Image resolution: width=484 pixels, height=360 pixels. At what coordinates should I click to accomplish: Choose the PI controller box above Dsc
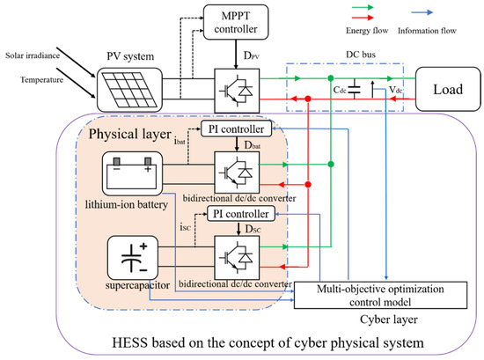click(239, 215)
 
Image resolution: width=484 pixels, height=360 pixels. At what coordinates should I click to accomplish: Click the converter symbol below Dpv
click(236, 89)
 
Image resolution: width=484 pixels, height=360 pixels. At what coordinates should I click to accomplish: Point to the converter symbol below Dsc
click(236, 256)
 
